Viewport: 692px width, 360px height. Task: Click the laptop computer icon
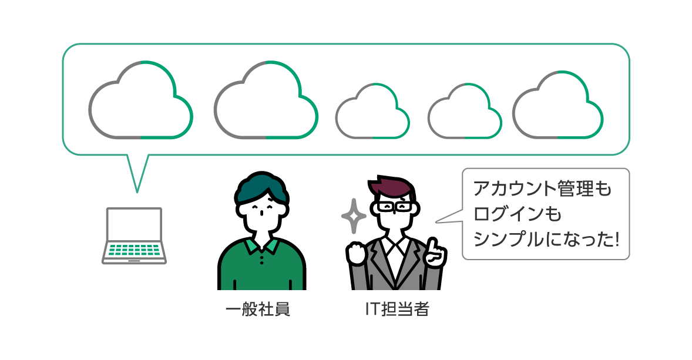pos(134,236)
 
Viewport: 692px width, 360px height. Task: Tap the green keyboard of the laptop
pos(134,250)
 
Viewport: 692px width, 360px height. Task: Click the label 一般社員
pos(258,309)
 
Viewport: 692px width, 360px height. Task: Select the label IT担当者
pos(397,309)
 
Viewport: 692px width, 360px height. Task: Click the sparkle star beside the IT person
pos(354,216)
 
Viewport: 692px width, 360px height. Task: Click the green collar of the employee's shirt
pos(262,246)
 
